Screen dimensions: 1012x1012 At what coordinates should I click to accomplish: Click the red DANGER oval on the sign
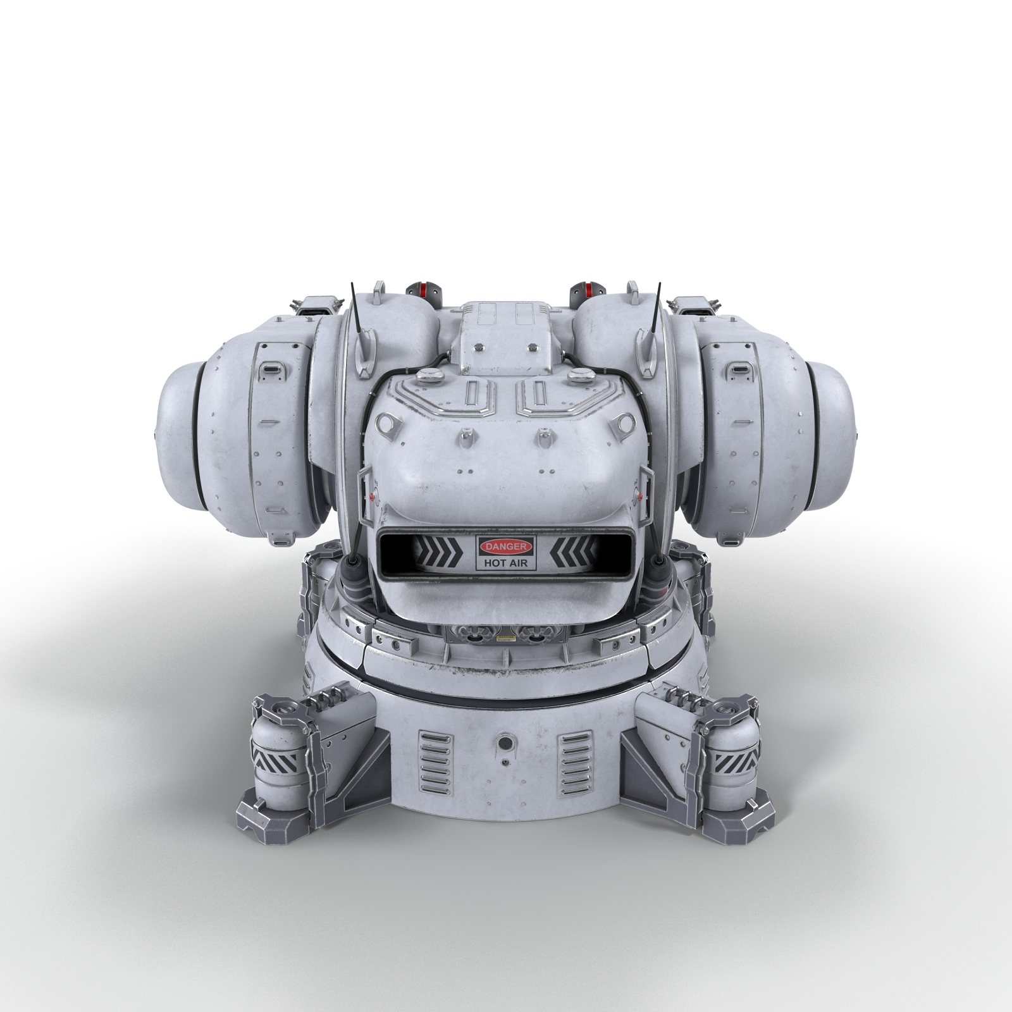click(505, 546)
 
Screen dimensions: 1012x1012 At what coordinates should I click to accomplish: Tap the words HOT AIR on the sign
click(505, 562)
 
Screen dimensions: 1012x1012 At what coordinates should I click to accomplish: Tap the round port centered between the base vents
click(505, 742)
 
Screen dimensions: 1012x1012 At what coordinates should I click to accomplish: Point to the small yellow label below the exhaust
click(506, 638)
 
